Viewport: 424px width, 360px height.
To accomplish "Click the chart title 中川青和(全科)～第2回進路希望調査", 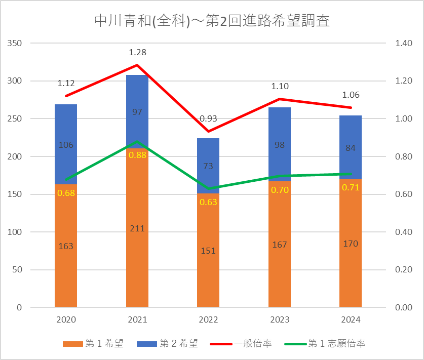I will click(212, 21).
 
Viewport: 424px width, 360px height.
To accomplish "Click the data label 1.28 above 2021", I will click(137, 52).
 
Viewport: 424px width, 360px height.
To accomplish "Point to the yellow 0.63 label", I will click(208, 202).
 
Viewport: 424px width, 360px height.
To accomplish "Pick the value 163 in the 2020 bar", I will click(66, 246).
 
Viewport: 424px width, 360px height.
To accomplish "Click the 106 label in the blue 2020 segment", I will click(66, 145).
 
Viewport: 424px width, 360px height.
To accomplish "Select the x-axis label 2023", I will click(280, 320).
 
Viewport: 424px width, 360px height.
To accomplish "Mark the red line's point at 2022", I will click(208, 132).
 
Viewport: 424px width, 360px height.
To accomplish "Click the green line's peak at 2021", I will click(137, 142).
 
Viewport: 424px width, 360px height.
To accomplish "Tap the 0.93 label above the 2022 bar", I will click(208, 119).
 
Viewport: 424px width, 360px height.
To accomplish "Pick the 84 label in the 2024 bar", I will click(351, 148).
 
